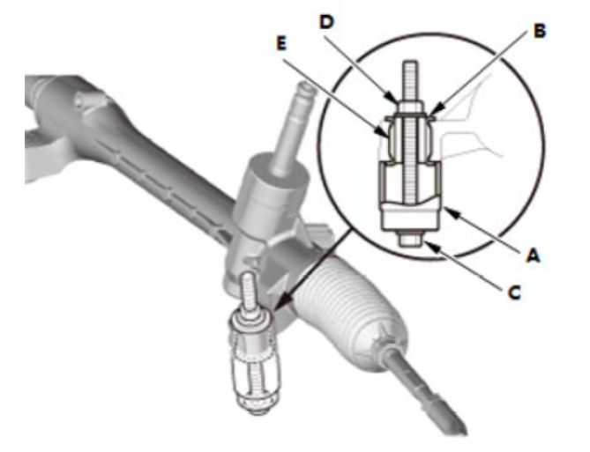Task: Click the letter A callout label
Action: pyautogui.click(x=533, y=256)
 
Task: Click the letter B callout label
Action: pyautogui.click(x=539, y=31)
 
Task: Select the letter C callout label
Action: pyautogui.click(x=514, y=293)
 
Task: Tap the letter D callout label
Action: pyautogui.click(x=326, y=22)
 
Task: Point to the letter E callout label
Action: pyautogui.click(x=281, y=43)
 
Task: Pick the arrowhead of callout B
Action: pyautogui.click(x=434, y=113)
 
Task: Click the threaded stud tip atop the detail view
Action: pyautogui.click(x=410, y=64)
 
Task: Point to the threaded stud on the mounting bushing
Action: pyautogui.click(x=250, y=294)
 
